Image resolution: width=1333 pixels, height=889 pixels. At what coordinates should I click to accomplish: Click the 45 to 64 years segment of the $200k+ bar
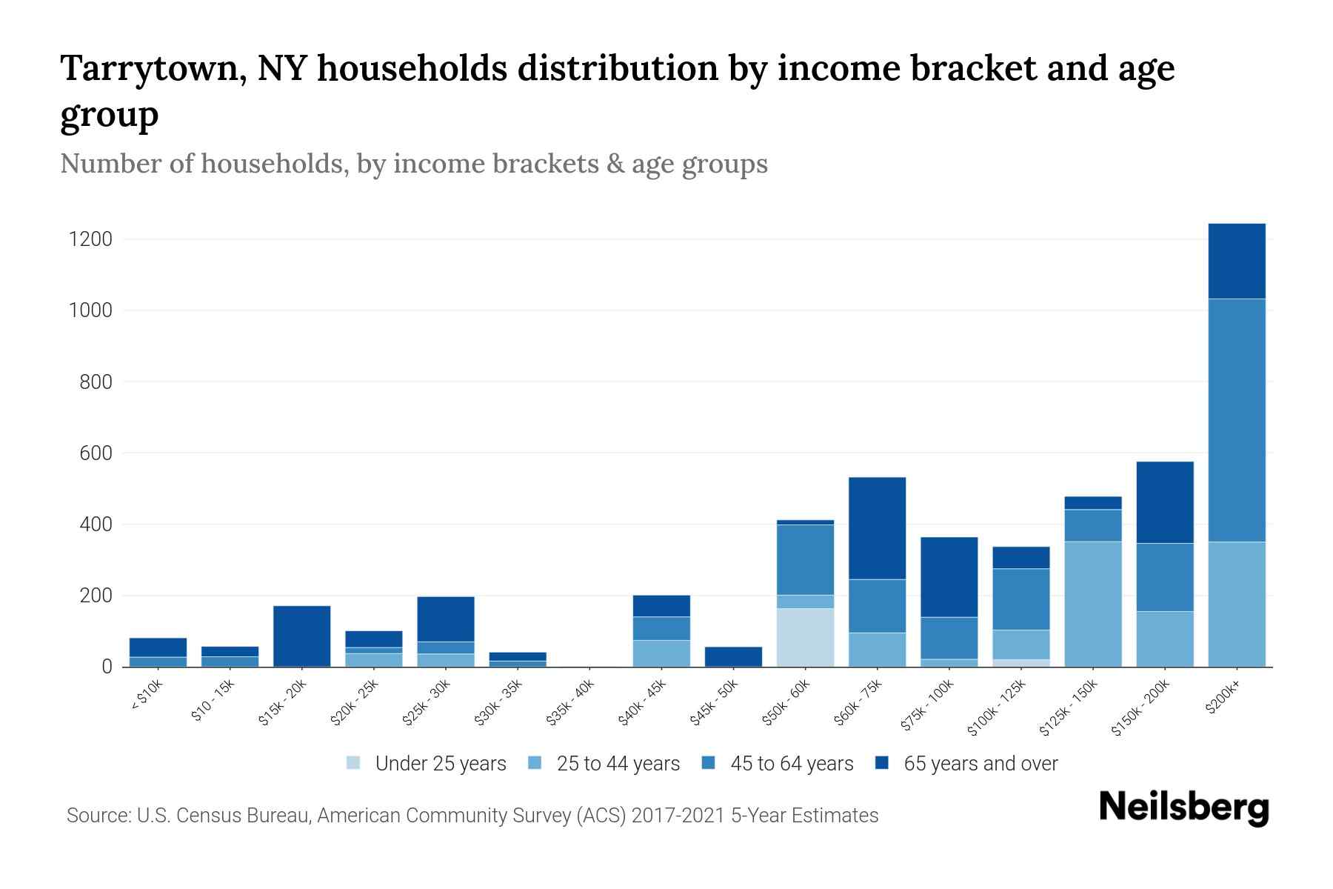coord(1236,420)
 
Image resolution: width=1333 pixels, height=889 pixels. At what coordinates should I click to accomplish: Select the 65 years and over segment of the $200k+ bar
coord(1236,261)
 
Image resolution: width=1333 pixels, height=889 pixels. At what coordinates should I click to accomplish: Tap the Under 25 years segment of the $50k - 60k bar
coord(805,637)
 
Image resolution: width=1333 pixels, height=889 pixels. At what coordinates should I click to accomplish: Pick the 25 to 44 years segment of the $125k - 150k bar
coord(1092,604)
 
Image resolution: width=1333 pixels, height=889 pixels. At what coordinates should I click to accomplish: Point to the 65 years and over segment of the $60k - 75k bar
coord(877,527)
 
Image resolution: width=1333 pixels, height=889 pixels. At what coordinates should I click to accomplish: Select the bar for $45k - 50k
coord(733,656)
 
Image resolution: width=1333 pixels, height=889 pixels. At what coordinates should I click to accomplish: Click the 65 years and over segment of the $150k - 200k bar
coord(1164,502)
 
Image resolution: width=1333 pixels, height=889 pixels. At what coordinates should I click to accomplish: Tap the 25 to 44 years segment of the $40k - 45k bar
coord(661,653)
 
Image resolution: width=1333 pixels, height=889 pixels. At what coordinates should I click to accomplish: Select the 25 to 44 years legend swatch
coord(535,763)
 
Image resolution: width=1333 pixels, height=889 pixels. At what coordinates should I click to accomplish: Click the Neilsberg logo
coord(1183,808)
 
